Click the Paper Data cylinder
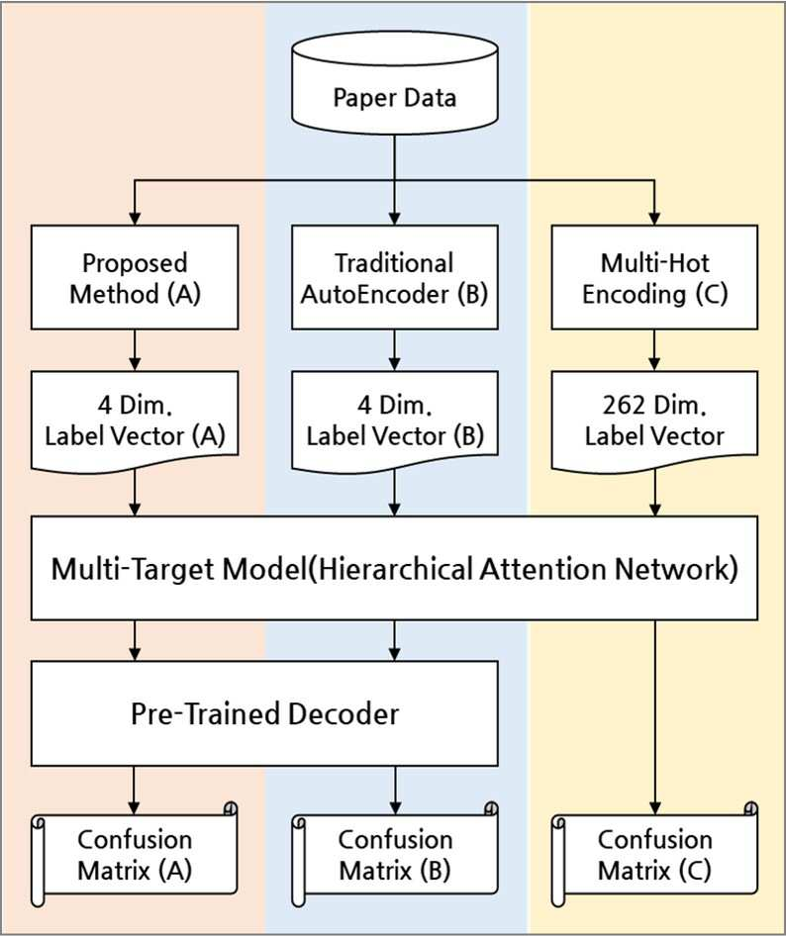(394, 82)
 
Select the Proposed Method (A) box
(135, 277)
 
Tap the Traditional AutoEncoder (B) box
(394, 277)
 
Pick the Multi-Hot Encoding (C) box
(654, 277)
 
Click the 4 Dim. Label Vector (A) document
(135, 421)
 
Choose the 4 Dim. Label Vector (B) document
(394, 421)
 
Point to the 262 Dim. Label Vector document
(654, 421)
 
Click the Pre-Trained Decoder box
(264, 713)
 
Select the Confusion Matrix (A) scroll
(135, 855)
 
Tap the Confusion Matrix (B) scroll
(394, 855)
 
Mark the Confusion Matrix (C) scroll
(654, 855)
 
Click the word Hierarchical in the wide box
(395, 569)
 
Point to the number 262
(624, 406)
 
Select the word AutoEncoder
(374, 294)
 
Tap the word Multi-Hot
(655, 262)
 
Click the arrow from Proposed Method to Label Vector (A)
(135, 350)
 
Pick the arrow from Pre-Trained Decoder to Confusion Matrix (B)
(394, 790)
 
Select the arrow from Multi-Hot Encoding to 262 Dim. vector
(654, 350)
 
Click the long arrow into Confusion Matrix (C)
(654, 717)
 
